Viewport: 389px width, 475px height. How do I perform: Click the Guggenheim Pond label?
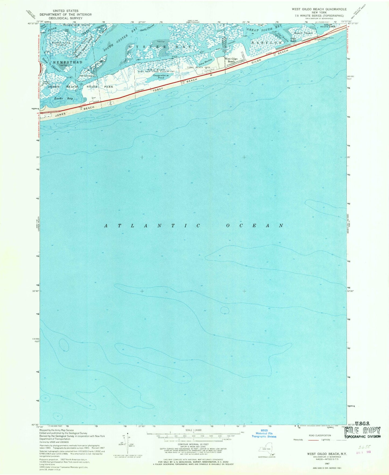click(x=153, y=77)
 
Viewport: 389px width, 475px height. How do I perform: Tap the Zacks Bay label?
click(x=64, y=98)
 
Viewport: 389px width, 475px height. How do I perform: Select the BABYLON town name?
click(x=267, y=43)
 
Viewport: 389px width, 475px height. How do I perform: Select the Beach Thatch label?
click(x=303, y=33)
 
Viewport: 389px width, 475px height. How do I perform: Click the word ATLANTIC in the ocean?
click(x=152, y=226)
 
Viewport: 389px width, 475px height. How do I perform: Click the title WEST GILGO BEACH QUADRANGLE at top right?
click(x=319, y=9)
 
